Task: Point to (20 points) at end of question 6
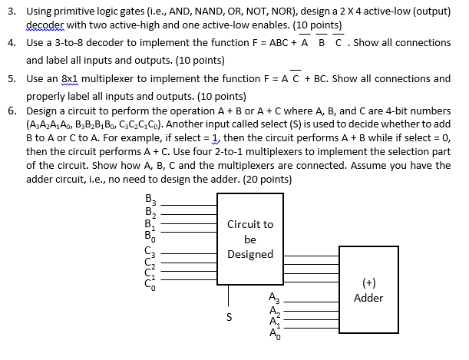[x=265, y=179]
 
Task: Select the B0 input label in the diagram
[x=150, y=238]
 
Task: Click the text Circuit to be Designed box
[x=249, y=239]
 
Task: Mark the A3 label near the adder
[x=275, y=299]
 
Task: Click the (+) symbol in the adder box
[x=369, y=282]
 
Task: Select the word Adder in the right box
[x=369, y=298]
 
